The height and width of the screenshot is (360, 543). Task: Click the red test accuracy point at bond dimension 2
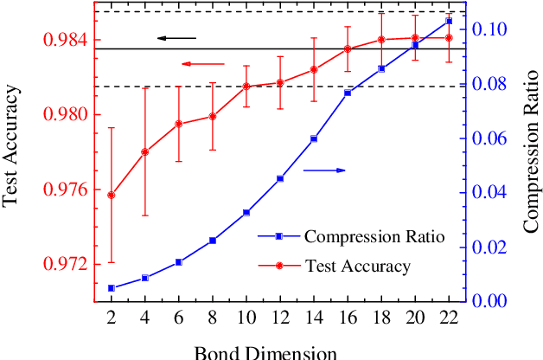[111, 195]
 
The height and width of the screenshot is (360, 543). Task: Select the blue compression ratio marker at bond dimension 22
[449, 20]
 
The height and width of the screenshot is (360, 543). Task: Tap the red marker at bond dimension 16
[348, 48]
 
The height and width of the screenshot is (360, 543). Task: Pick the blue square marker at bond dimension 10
[246, 212]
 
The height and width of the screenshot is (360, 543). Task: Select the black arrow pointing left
[176, 38]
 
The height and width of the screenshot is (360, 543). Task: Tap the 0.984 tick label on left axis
[67, 40]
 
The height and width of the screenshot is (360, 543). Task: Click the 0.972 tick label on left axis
[67, 263]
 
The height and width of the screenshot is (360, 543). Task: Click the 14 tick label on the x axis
[314, 317]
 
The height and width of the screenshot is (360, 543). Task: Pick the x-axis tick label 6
[178, 317]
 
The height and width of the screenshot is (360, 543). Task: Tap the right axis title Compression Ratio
[529, 151]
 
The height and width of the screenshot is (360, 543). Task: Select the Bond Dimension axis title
[265, 351]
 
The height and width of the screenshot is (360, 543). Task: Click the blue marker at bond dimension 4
[144, 278]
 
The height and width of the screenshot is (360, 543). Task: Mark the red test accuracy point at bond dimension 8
[212, 116]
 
